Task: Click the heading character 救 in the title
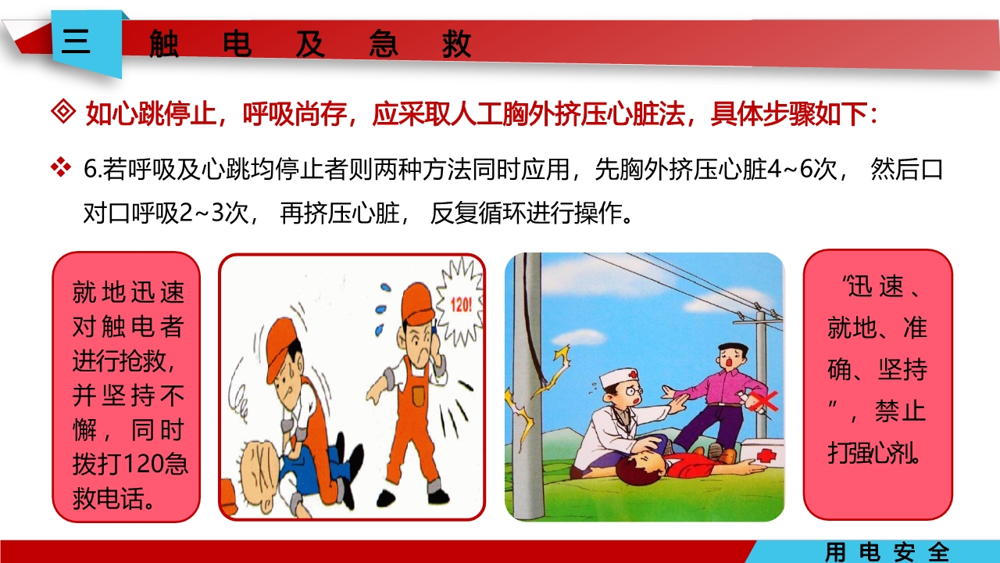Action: coord(456,45)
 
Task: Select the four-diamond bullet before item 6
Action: coord(60,167)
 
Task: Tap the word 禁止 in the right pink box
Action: coord(900,411)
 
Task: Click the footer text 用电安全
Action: coord(887,552)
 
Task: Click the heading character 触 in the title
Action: coord(164,45)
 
